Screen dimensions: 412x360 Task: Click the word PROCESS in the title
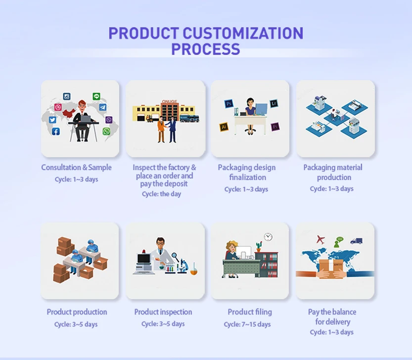(x=206, y=49)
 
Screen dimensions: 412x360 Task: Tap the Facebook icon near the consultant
(x=56, y=132)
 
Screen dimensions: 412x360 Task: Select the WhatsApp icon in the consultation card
(x=106, y=131)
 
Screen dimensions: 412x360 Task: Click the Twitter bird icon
(x=52, y=120)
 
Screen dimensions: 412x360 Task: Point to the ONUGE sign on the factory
(x=170, y=101)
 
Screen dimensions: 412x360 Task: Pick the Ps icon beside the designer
(x=229, y=103)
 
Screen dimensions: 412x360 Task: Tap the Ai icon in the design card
(x=224, y=127)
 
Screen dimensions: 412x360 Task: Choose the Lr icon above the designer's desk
(x=274, y=103)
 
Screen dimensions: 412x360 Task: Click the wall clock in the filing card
(x=268, y=237)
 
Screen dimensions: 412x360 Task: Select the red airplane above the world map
(x=320, y=239)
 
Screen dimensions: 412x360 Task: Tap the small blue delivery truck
(x=356, y=241)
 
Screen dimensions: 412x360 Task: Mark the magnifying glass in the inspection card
(x=175, y=256)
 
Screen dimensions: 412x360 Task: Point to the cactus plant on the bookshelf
(x=259, y=247)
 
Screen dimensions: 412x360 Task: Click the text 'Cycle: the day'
(x=161, y=194)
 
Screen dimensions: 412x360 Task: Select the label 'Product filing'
(x=250, y=312)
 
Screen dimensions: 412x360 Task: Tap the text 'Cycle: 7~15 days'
(x=247, y=324)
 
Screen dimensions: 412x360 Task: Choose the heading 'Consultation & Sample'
(x=77, y=167)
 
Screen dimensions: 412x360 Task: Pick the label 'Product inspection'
(x=163, y=312)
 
